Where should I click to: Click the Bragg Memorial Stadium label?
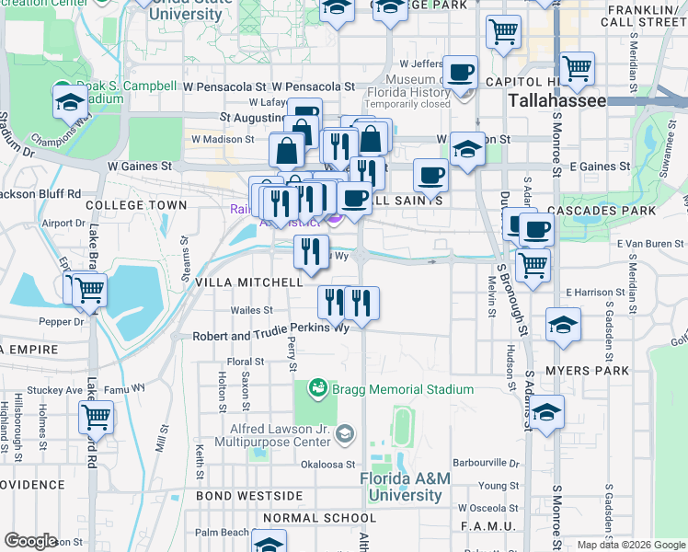coord(403,389)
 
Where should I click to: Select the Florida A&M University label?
coord(400,487)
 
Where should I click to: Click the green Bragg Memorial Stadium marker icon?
coord(318,388)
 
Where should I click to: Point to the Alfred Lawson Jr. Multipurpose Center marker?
coord(345,432)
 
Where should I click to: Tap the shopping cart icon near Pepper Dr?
coord(88,290)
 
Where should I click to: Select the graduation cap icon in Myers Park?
coord(546,413)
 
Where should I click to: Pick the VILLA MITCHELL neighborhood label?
coord(248,282)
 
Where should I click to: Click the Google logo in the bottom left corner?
coord(30,540)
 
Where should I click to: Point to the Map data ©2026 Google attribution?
coord(630,545)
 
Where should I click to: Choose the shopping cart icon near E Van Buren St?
coord(533,265)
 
